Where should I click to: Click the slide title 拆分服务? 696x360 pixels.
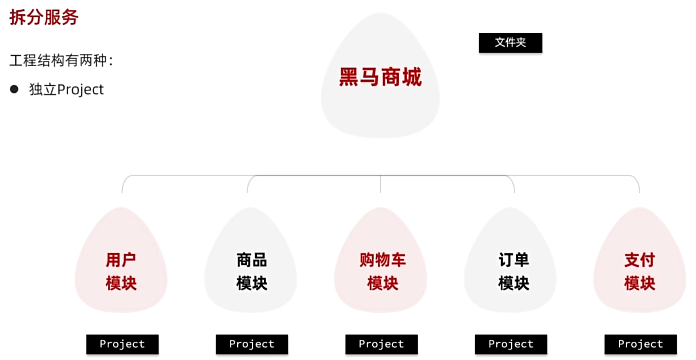44,17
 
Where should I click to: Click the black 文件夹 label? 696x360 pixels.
510,43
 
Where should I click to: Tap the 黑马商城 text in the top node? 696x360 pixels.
380,77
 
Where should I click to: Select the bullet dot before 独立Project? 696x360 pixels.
14,89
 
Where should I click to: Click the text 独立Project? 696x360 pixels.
66,89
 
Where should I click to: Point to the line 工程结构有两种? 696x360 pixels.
61,60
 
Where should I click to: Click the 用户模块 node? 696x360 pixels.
121,271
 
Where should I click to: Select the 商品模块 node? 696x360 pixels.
251,271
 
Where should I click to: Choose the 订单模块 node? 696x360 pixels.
513,271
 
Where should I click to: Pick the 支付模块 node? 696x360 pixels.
639,271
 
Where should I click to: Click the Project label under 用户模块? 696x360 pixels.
122,344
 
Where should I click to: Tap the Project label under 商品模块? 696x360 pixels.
252,344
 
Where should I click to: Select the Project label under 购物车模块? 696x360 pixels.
381,344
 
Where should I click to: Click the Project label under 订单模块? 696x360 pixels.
511,344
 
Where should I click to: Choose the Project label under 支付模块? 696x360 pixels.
640,344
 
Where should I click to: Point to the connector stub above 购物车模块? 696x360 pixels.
380,185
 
